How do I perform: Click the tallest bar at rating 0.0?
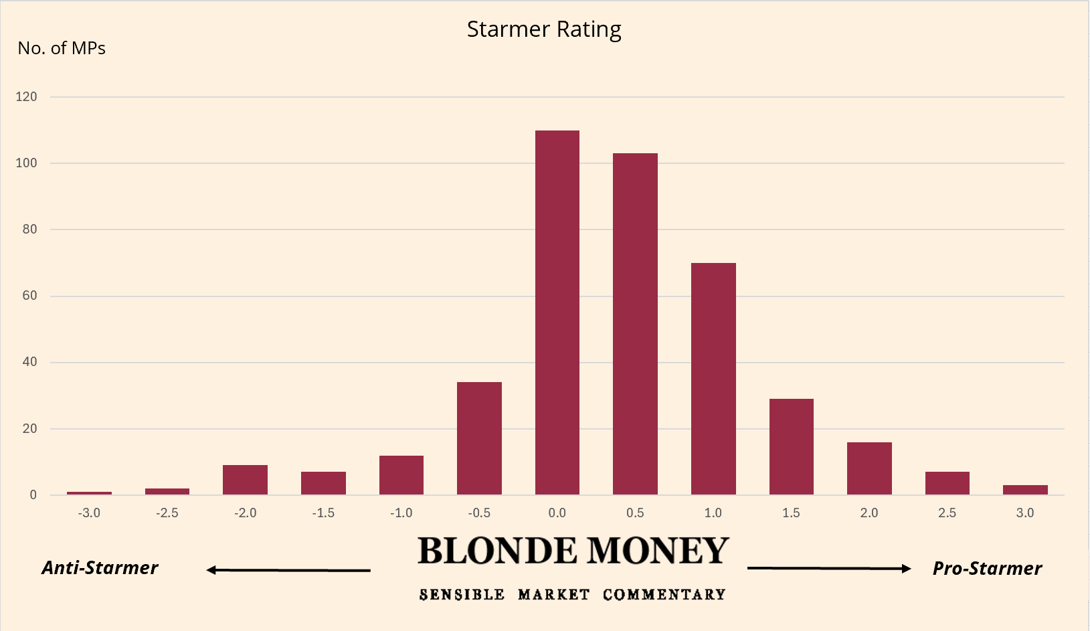(557, 312)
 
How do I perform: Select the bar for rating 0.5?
(635, 324)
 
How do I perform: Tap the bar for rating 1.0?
(713, 379)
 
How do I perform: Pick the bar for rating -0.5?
(479, 438)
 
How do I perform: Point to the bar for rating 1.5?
(792, 446)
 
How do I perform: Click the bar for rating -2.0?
(245, 480)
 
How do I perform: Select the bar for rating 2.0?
(869, 468)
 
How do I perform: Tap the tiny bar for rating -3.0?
(89, 493)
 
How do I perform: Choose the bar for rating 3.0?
(1025, 490)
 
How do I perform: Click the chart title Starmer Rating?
(544, 29)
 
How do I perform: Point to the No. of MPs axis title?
(62, 48)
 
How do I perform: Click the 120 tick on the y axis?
(27, 97)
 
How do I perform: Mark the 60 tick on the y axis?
(29, 296)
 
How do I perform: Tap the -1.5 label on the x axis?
(323, 513)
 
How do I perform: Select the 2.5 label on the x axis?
(947, 513)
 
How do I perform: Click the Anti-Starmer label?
(100, 568)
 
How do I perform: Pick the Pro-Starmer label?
(987, 569)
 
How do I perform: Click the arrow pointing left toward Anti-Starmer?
(288, 570)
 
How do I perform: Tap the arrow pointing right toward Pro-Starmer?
(829, 569)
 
